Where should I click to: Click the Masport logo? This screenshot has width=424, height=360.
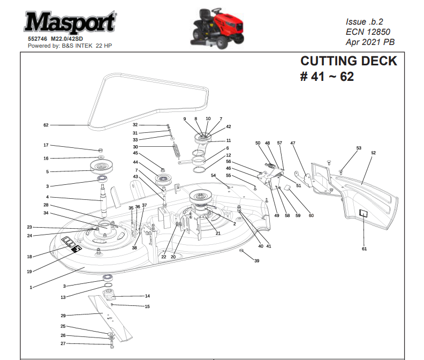point(70,23)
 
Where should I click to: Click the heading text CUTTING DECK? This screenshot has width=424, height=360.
point(349,61)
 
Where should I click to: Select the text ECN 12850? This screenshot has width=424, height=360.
point(368,32)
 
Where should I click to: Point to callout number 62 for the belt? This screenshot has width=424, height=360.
point(46,125)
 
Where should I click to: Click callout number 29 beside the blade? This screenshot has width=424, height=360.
point(63,316)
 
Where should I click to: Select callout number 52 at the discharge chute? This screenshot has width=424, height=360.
point(373,153)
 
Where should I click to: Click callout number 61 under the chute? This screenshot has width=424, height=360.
point(365,249)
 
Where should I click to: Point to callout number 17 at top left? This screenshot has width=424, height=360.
point(46,145)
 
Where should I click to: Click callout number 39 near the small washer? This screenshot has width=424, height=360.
point(256,261)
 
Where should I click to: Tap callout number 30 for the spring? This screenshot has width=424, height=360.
point(135,147)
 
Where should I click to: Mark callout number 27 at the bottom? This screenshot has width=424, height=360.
point(63,343)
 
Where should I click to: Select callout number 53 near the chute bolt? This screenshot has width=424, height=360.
point(359,148)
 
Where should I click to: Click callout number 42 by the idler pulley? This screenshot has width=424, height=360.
point(229,127)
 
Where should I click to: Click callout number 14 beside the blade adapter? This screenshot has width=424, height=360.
point(147,296)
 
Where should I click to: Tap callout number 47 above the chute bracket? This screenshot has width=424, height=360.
point(293,143)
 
